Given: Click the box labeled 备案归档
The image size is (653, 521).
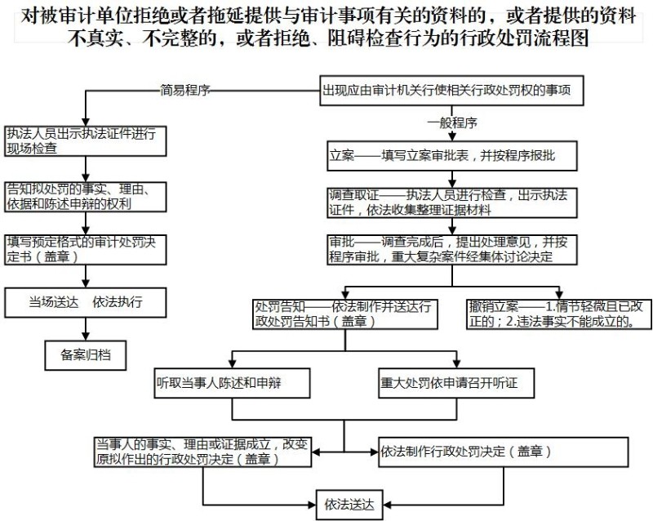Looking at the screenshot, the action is click(x=86, y=355).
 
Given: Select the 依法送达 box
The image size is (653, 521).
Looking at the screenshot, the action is click(x=349, y=505).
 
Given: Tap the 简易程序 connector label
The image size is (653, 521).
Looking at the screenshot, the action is click(x=185, y=90).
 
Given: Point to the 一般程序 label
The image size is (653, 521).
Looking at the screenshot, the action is click(x=452, y=122).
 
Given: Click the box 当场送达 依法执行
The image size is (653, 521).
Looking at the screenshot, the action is click(x=86, y=302).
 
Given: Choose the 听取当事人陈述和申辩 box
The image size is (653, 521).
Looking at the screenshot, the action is click(x=232, y=383).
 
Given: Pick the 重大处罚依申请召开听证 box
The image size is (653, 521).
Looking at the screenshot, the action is click(x=456, y=383).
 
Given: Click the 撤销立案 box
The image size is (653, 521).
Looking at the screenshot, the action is click(x=559, y=314).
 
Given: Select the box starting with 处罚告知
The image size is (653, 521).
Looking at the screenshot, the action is click(x=345, y=314).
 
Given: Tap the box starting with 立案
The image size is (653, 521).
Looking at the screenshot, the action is click(x=452, y=155).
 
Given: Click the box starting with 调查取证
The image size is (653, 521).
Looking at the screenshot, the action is click(x=452, y=203).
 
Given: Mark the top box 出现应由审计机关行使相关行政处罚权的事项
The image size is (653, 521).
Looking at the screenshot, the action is click(x=452, y=90).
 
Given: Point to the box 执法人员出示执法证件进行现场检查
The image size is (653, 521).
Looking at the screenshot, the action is click(x=86, y=141).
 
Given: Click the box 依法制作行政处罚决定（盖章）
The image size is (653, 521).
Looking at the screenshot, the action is click(x=503, y=452).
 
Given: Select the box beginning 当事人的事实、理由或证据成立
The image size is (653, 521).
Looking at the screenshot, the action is click(x=202, y=452).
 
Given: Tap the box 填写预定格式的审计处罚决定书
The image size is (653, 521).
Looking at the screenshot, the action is click(x=86, y=250).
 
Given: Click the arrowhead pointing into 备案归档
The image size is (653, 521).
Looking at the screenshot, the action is click(x=86, y=336).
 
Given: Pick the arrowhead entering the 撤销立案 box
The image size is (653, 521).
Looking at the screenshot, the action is click(x=559, y=295).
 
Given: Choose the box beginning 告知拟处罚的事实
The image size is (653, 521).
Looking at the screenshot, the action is click(x=86, y=197).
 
